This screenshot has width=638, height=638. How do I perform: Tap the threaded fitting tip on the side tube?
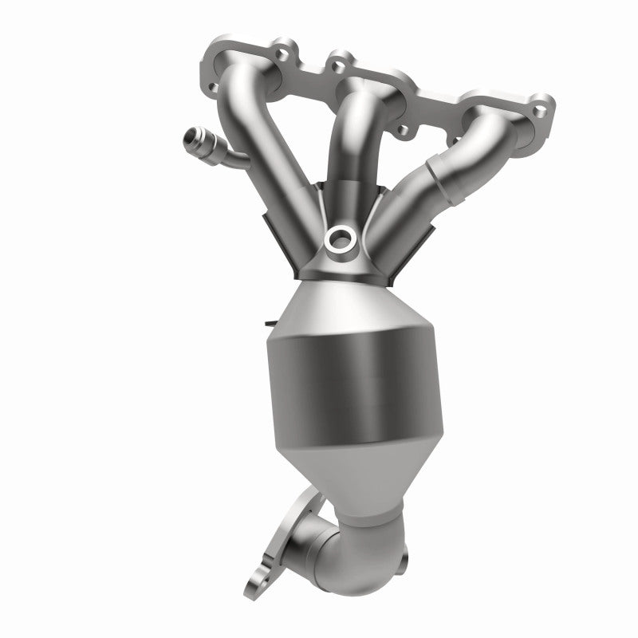click(189, 136)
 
